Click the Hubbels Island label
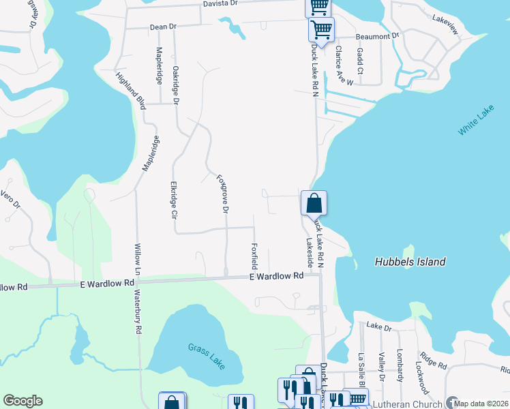tap(410, 262)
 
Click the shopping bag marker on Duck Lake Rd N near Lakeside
tap(314, 203)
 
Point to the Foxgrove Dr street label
tap(222, 194)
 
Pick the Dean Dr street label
tap(163, 27)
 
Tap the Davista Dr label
tap(219, 3)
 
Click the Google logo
tap(22, 401)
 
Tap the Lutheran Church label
tap(407, 404)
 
